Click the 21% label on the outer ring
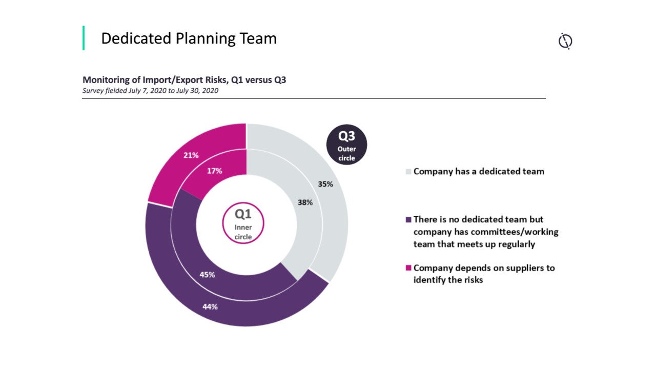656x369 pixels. coord(191,155)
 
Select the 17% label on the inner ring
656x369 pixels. coord(214,171)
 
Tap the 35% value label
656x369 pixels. coord(325,184)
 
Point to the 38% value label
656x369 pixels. coord(305,202)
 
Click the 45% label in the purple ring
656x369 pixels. coord(207,275)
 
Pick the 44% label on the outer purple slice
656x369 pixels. coord(210,307)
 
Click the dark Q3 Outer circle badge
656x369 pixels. coord(347,145)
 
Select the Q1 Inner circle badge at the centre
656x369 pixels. coord(243,224)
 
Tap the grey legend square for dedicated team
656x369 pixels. coord(408,172)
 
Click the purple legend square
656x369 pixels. coord(408,220)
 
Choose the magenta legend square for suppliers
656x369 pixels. coord(408,268)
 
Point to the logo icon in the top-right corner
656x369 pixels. coord(565,41)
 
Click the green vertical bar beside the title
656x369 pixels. coord(84,38)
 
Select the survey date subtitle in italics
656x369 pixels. coord(151,91)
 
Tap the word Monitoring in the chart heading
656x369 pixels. coord(105,80)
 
